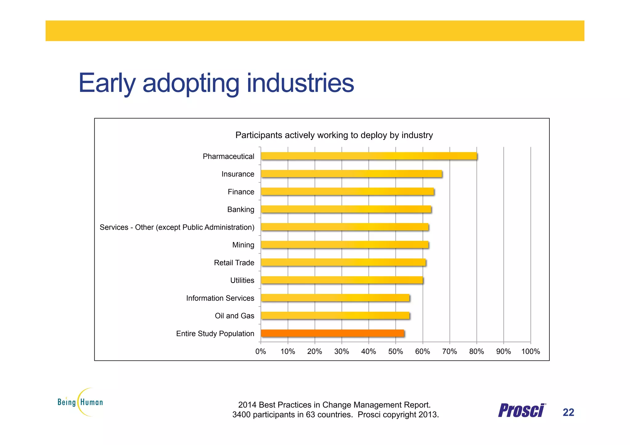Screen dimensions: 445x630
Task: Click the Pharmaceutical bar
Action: pyautogui.click(x=369, y=156)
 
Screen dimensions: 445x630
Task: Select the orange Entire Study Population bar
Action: pyautogui.click(x=332, y=333)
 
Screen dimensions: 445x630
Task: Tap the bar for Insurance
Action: pyautogui.click(x=351, y=174)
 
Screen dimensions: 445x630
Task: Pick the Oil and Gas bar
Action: pyautogui.click(x=335, y=316)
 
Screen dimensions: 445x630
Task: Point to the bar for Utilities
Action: pyautogui.click(x=342, y=280)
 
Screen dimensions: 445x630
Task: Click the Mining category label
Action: pyautogui.click(x=243, y=245)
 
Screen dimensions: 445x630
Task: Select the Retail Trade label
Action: pyautogui.click(x=234, y=263)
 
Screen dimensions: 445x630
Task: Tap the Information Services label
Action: pyautogui.click(x=220, y=298)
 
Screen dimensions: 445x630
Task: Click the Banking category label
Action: pyautogui.click(x=241, y=209)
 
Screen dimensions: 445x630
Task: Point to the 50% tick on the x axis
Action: pyautogui.click(x=395, y=351)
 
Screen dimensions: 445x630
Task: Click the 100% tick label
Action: pyautogui.click(x=530, y=351)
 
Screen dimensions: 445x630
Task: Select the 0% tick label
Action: pyautogui.click(x=261, y=351)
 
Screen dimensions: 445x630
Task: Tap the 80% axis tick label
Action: pyautogui.click(x=476, y=351)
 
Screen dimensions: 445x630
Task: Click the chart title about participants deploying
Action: pyautogui.click(x=334, y=135)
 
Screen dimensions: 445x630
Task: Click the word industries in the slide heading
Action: pyautogui.click(x=300, y=83)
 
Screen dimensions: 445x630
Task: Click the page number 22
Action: pyautogui.click(x=568, y=412)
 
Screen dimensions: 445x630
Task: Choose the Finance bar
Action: pyautogui.click(x=347, y=192)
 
